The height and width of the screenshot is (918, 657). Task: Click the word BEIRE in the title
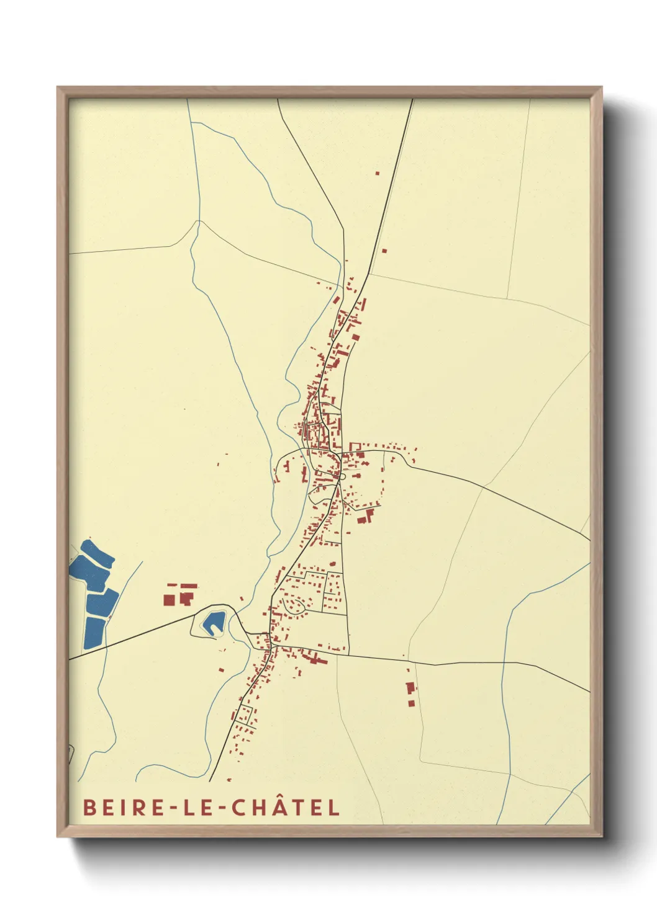pyautogui.click(x=119, y=807)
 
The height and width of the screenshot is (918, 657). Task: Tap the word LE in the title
pyautogui.click(x=192, y=807)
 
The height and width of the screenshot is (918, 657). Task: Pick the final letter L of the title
pyautogui.click(x=335, y=807)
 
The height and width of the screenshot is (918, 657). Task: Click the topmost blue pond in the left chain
pyautogui.click(x=97, y=554)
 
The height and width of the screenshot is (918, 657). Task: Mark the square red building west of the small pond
pyautogui.click(x=168, y=600)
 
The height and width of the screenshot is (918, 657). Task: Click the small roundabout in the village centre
pyautogui.click(x=343, y=476)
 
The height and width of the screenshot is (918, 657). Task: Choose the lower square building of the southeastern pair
pyautogui.click(x=410, y=703)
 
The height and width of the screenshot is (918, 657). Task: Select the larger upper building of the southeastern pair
pyautogui.click(x=410, y=687)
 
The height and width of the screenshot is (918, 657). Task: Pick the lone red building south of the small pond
pyautogui.click(x=222, y=669)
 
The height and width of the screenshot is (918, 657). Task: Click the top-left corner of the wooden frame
pyautogui.click(x=58, y=87)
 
